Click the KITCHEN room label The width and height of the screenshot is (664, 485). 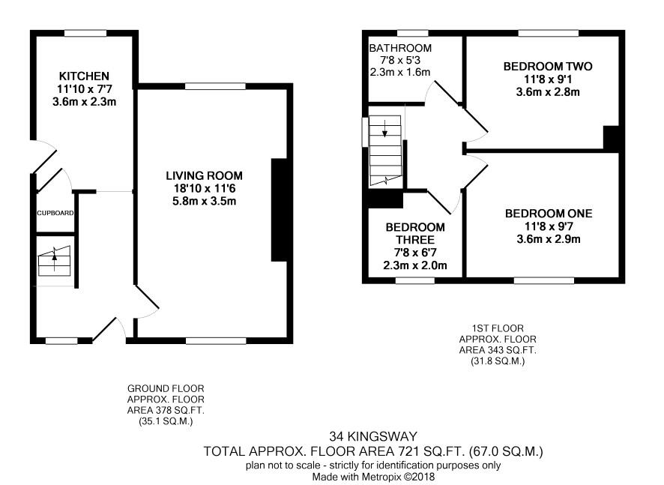point(84,76)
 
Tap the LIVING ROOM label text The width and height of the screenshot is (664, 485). point(204,176)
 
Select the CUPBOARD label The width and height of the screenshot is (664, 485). point(55,213)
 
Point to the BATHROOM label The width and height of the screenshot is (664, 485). point(400,48)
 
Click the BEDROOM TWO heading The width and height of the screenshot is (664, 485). point(548,67)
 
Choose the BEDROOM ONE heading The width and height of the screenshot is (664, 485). point(549,214)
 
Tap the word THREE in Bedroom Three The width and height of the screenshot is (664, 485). point(415,240)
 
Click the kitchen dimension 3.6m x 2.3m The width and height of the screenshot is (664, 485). point(84,102)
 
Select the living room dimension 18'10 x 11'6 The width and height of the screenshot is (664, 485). point(204,188)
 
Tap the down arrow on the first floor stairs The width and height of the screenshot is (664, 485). point(384,128)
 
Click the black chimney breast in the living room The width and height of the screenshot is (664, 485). point(279,210)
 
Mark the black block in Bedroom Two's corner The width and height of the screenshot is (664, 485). point(611,138)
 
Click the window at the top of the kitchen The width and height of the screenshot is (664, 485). point(85,33)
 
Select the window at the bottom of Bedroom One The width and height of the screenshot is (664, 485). point(544,280)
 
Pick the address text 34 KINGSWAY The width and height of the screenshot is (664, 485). point(373,436)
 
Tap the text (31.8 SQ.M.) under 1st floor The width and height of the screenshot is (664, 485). point(498,361)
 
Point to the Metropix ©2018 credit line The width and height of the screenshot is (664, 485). point(373,477)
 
